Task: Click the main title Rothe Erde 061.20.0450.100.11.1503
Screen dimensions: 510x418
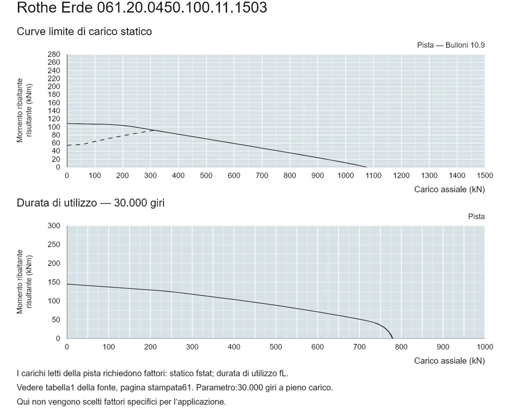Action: pyautogui.click(x=142, y=7)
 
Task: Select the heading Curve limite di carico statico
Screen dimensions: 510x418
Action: pyautogui.click(x=84, y=31)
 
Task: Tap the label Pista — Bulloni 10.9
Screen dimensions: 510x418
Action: pyautogui.click(x=451, y=45)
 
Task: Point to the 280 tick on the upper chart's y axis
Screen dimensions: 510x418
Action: pyautogui.click(x=54, y=54)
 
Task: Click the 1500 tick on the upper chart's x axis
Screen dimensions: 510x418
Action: pyautogui.click(x=484, y=176)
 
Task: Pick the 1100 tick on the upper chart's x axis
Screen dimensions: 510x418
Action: pyautogui.click(x=373, y=176)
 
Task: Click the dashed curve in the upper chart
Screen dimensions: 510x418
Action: pyautogui.click(x=110, y=138)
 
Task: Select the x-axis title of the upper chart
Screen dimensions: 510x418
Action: pyautogui.click(x=449, y=190)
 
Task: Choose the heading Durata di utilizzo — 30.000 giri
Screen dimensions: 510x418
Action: pyautogui.click(x=91, y=203)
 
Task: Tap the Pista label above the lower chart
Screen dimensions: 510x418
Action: pyautogui.click(x=477, y=217)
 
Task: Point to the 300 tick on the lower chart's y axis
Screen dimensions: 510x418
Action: pyautogui.click(x=54, y=226)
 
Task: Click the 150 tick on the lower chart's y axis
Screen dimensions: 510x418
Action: pyautogui.click(x=54, y=283)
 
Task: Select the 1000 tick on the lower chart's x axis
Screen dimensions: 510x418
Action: pyautogui.click(x=484, y=347)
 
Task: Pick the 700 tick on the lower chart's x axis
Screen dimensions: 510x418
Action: pyautogui.click(x=360, y=347)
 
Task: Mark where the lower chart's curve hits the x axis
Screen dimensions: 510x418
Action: pyautogui.click(x=393, y=338)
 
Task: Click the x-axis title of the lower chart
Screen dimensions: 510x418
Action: pyautogui.click(x=449, y=361)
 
